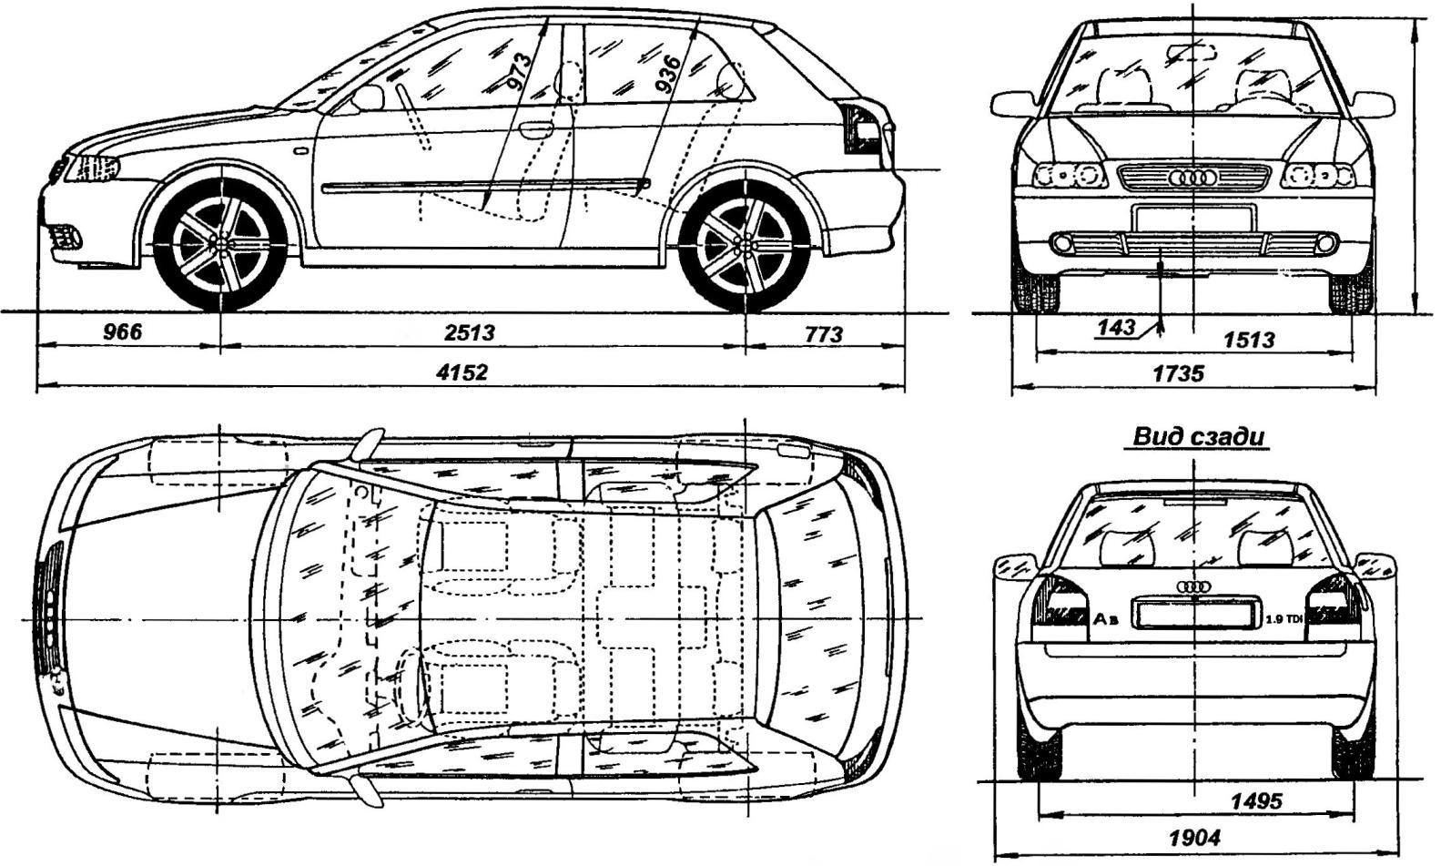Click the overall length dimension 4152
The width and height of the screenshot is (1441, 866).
pos(462,372)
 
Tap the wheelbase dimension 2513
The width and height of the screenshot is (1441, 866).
pos(471,332)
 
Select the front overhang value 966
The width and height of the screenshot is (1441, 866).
pos(122,331)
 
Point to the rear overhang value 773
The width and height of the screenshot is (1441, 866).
pos(824,334)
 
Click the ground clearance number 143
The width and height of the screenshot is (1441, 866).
pos(1116,327)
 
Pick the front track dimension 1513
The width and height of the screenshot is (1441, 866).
pos(1249,339)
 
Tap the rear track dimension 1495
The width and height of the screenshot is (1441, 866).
pos(1256,801)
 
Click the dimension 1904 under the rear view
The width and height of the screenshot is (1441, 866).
pos(1194,838)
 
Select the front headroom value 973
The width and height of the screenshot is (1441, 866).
pos(519,71)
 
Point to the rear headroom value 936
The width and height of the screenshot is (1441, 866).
pos(670,72)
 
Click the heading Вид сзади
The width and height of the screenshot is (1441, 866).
pos(1198,436)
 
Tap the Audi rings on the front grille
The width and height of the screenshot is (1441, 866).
pos(1194,177)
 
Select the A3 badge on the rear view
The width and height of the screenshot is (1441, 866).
pos(1107,619)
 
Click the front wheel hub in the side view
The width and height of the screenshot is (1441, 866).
pos(220,245)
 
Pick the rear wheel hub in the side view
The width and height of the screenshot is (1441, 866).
pos(745,247)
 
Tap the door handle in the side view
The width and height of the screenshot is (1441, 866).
pos(536,130)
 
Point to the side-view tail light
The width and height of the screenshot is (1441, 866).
pos(861,130)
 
